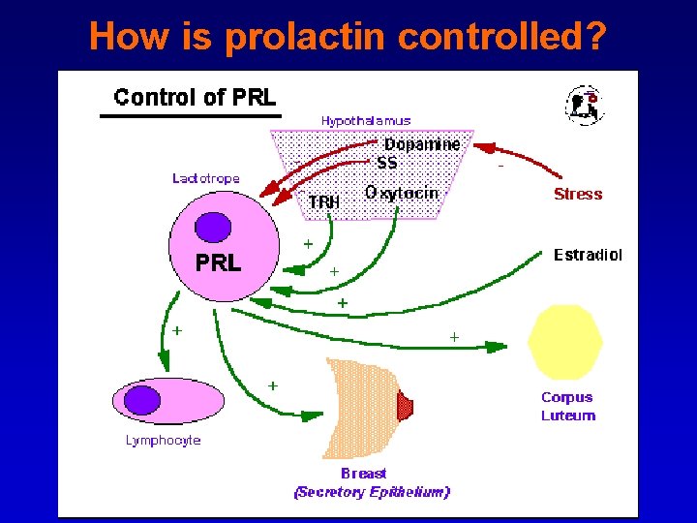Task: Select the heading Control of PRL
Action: [x=195, y=97]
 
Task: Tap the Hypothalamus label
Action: [x=366, y=121]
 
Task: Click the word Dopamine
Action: [x=422, y=144]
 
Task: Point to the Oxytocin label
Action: [x=402, y=193]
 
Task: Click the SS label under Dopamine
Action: [x=387, y=163]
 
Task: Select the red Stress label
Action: [x=578, y=194]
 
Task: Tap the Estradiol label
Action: [x=588, y=256]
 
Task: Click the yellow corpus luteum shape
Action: [x=565, y=341]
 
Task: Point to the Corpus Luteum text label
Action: [x=567, y=407]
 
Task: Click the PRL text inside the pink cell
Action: [x=218, y=263]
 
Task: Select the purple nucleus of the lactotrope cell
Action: [x=213, y=228]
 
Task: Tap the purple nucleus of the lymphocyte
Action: [x=144, y=399]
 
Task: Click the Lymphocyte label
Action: [x=163, y=441]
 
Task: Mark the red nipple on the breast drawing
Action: [x=406, y=406]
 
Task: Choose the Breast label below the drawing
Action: [x=363, y=474]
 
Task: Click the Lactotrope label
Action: [x=205, y=178]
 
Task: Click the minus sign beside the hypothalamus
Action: [x=500, y=167]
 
